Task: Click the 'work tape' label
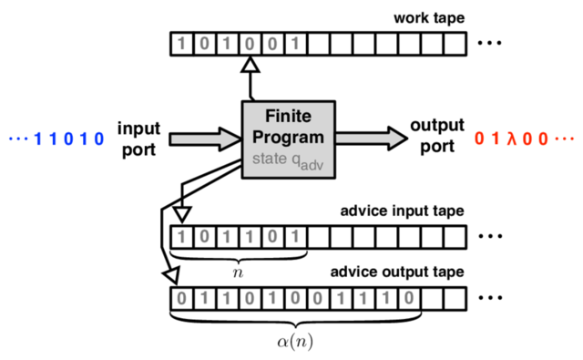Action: coord(428,18)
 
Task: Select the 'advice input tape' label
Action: coord(402,211)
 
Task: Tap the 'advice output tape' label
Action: coord(398,272)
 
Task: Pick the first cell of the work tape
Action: coord(182,43)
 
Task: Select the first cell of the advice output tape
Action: coord(182,296)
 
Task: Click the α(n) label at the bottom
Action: coord(296,343)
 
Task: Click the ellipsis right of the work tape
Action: coord(491,43)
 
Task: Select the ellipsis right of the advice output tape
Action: coord(491,297)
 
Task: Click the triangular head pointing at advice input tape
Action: coord(182,213)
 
